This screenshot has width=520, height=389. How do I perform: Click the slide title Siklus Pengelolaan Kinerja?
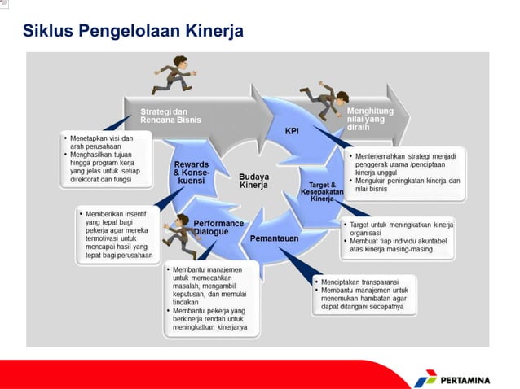coord(133,32)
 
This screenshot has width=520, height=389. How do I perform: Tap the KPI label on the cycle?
coord(292,130)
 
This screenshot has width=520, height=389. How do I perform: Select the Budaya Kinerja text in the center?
coord(253,181)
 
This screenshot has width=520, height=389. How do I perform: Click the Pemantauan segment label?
coord(274,238)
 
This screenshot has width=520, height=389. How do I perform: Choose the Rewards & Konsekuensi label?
coord(192,173)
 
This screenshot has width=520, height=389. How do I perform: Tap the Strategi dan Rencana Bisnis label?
coord(170,116)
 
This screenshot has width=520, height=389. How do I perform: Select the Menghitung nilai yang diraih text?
coord(370,119)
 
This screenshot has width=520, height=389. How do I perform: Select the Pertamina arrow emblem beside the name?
coord(425,378)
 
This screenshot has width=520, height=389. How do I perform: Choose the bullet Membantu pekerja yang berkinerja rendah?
coord(209,321)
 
